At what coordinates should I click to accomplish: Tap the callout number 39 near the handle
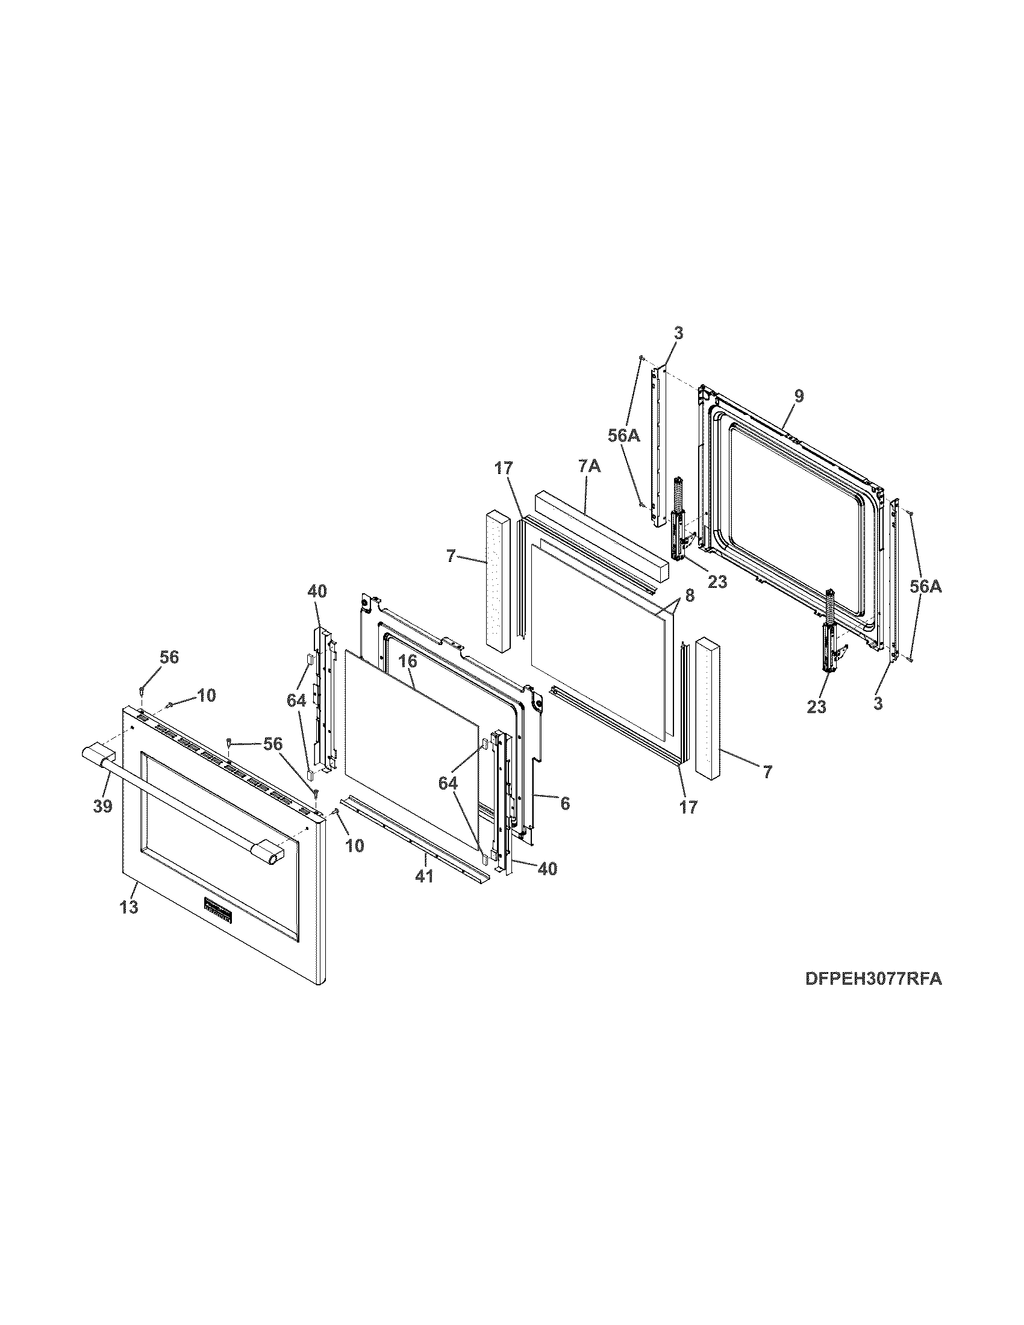pyautogui.click(x=104, y=806)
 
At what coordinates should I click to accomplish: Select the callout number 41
pyautogui.click(x=424, y=877)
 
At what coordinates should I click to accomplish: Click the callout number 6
pyautogui.click(x=564, y=803)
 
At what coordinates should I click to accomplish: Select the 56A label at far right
pyautogui.click(x=925, y=586)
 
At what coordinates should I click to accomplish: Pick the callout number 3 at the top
pyautogui.click(x=678, y=332)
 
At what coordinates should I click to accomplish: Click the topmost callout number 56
pyautogui.click(x=169, y=657)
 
